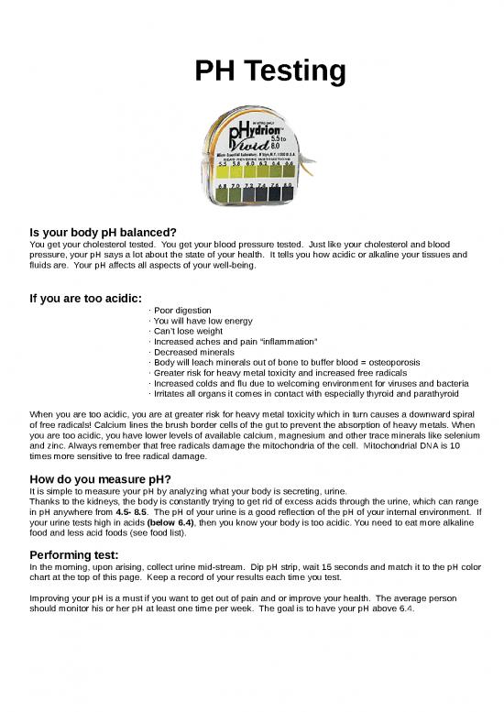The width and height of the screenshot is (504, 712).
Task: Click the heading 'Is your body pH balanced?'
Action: (x=103, y=233)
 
